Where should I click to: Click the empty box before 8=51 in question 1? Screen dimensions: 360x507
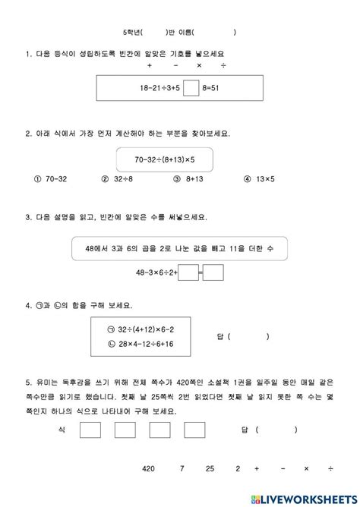coord(191,89)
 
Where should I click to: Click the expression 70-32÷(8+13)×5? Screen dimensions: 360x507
coord(164,159)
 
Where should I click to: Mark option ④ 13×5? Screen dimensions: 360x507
coord(248,180)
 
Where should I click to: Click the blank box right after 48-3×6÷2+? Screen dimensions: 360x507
coord(186,271)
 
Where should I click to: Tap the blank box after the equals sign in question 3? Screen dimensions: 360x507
coord(213,271)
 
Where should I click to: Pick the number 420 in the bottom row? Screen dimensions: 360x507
coord(149,469)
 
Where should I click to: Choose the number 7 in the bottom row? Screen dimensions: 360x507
coord(183,469)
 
